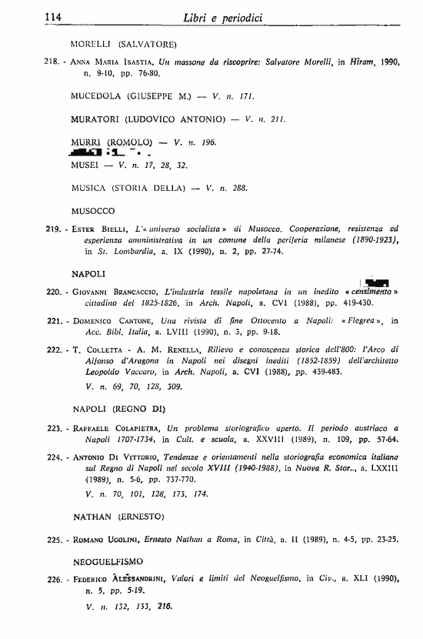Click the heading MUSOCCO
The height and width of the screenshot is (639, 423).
click(92, 210)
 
